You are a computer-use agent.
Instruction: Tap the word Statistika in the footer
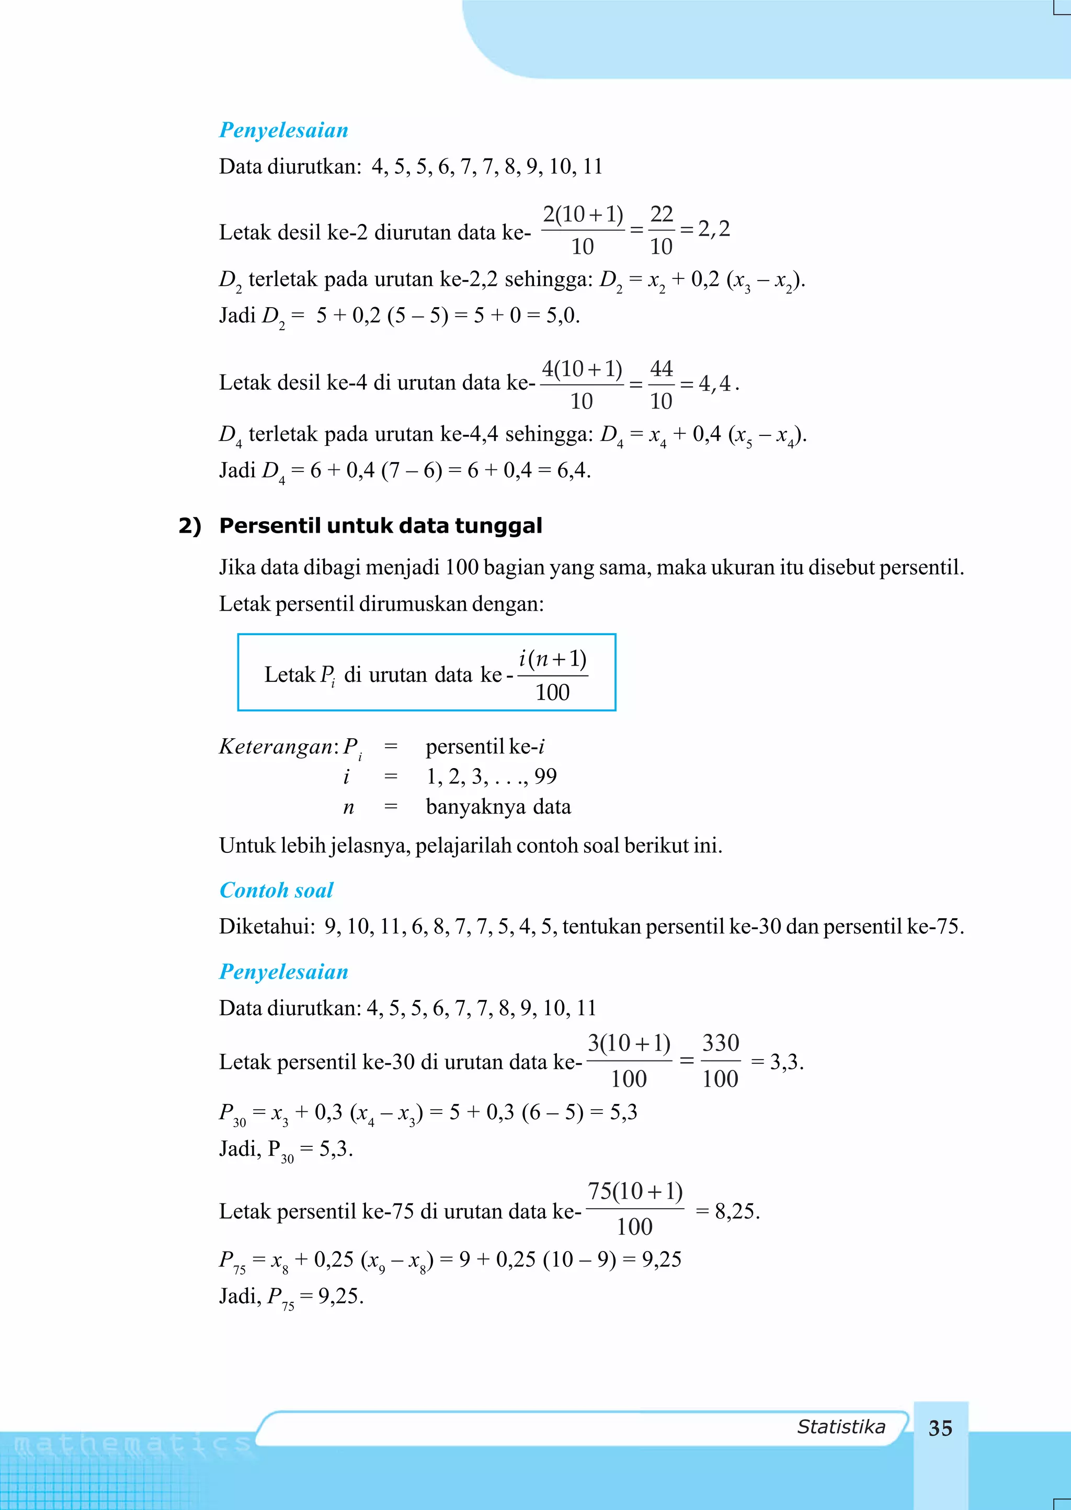point(841,1426)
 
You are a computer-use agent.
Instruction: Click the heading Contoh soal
point(276,890)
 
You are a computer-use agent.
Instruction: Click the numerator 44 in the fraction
point(661,368)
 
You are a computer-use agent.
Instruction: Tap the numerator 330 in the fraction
point(720,1043)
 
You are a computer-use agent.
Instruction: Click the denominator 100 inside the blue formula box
point(552,692)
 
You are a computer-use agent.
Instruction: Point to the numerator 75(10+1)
point(634,1191)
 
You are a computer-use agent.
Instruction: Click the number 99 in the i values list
point(545,776)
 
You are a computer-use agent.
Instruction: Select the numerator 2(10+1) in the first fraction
point(583,214)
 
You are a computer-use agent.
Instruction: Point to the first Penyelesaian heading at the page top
point(283,130)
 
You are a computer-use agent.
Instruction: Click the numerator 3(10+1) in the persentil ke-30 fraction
point(629,1043)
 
